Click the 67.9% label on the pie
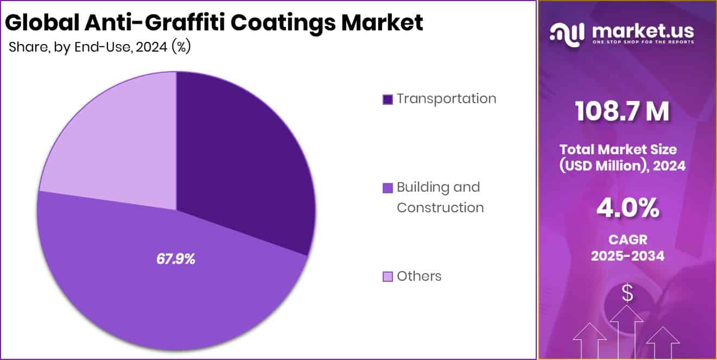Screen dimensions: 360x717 175,260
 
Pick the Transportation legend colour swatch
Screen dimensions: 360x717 388,99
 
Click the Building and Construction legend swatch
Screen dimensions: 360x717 388,188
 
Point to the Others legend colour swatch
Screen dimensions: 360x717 388,277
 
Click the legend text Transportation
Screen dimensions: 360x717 446,99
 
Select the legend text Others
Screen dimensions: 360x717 419,276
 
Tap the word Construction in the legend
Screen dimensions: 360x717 440,207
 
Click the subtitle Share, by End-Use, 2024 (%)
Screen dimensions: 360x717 99,47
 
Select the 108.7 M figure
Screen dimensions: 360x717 622,112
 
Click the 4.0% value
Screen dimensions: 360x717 627,207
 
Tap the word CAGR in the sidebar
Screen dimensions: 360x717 627,239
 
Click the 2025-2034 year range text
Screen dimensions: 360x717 627,256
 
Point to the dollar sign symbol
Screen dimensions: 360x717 627,294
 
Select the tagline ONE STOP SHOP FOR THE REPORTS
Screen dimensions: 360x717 643,42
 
